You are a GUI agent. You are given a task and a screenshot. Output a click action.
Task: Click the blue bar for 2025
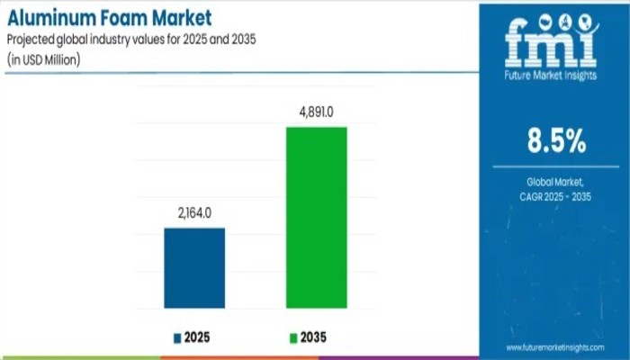click(x=194, y=268)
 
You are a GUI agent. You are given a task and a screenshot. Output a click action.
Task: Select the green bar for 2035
click(x=316, y=218)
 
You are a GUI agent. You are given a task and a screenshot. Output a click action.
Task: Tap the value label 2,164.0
click(x=194, y=215)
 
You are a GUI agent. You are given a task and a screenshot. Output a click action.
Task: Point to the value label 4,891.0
click(x=316, y=114)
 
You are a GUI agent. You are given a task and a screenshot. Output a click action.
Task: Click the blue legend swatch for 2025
click(x=177, y=338)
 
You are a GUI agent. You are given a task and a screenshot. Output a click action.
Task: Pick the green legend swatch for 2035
click(x=292, y=338)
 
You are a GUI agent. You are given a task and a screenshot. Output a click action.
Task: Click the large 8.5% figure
click(x=555, y=141)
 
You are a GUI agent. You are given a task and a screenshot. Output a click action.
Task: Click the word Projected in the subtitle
click(x=36, y=39)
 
